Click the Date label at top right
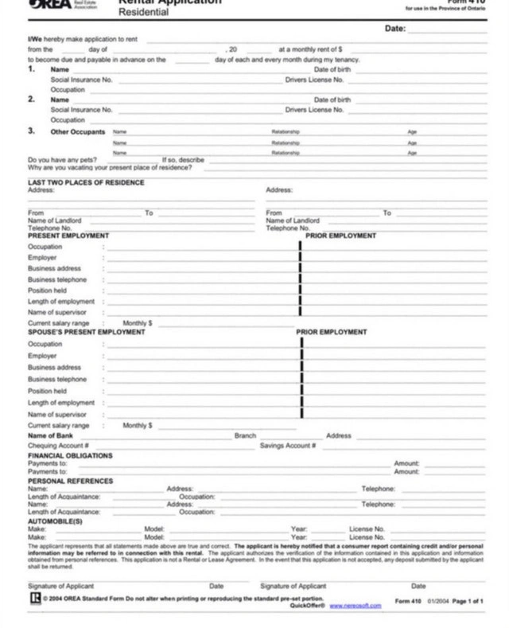coord(395,29)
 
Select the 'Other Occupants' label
coord(78,131)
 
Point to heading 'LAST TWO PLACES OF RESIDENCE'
coord(86,182)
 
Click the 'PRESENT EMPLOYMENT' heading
coord(68,236)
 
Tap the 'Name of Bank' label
coord(51,435)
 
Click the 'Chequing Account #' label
coord(58,446)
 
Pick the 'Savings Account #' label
coord(289,446)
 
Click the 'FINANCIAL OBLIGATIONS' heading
coord(70,455)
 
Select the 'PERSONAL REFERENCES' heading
coord(70,481)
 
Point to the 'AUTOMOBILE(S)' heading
coord(55,521)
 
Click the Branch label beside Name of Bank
coord(245,435)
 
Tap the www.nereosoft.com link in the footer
coord(355,606)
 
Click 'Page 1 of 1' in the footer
coord(468,601)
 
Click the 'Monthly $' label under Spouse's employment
coord(138,426)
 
